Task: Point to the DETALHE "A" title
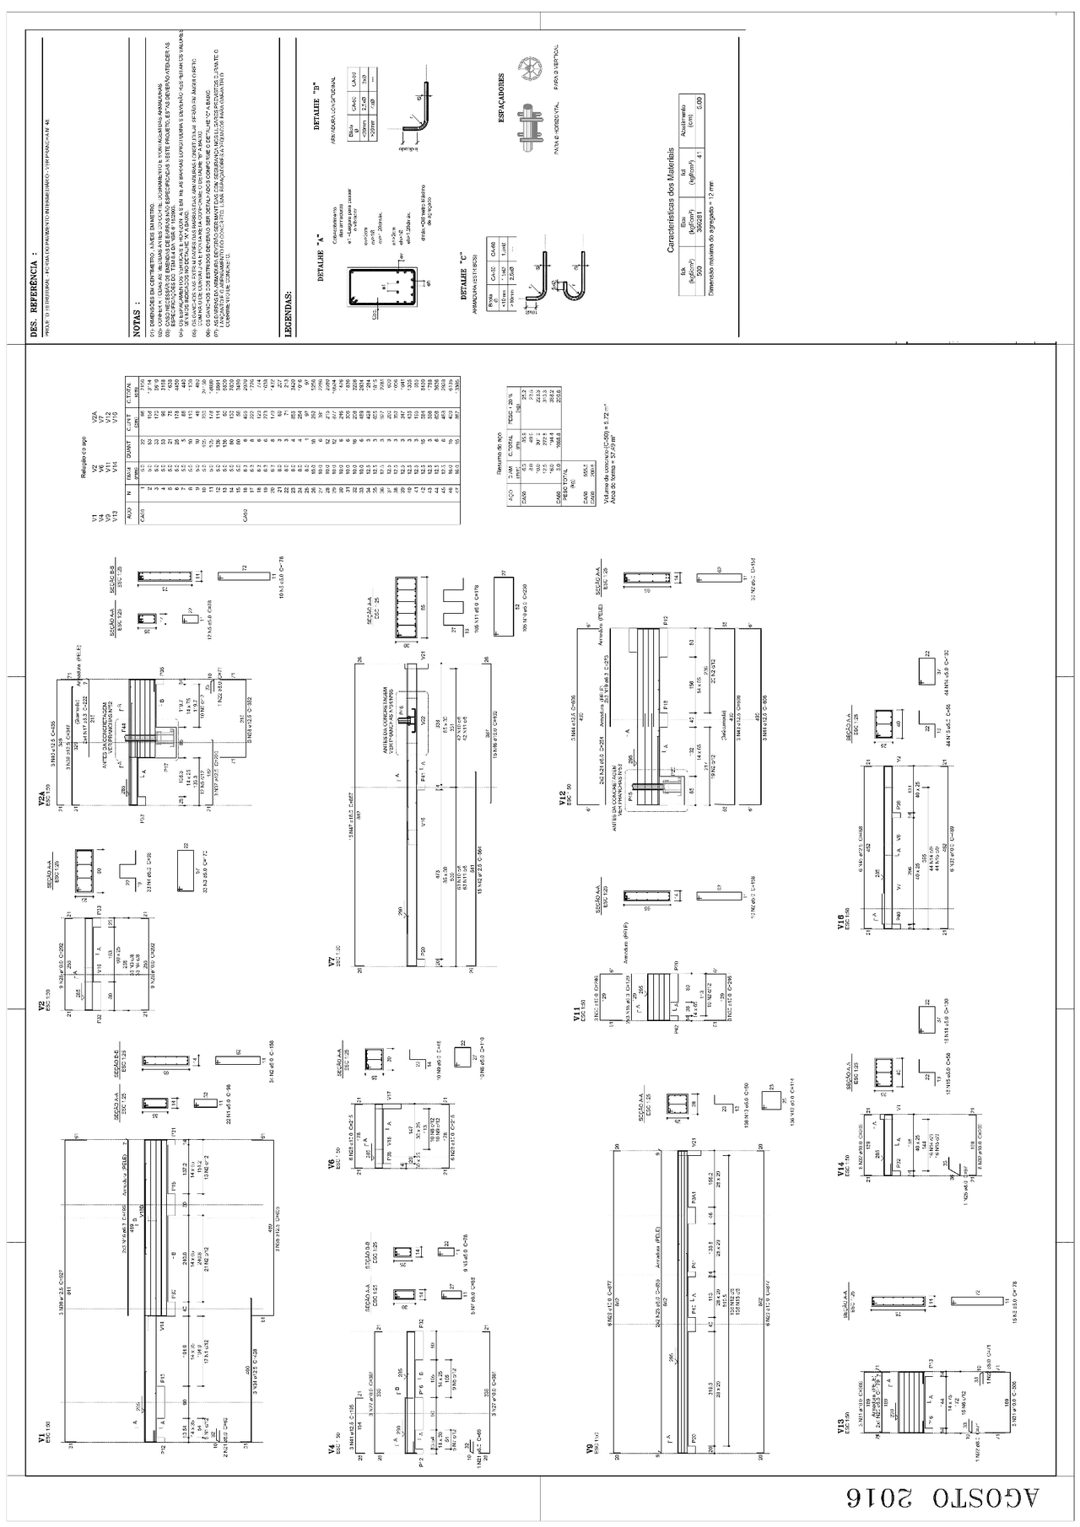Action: pyautogui.click(x=321, y=263)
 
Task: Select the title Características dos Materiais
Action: pyautogui.click(x=671, y=200)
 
